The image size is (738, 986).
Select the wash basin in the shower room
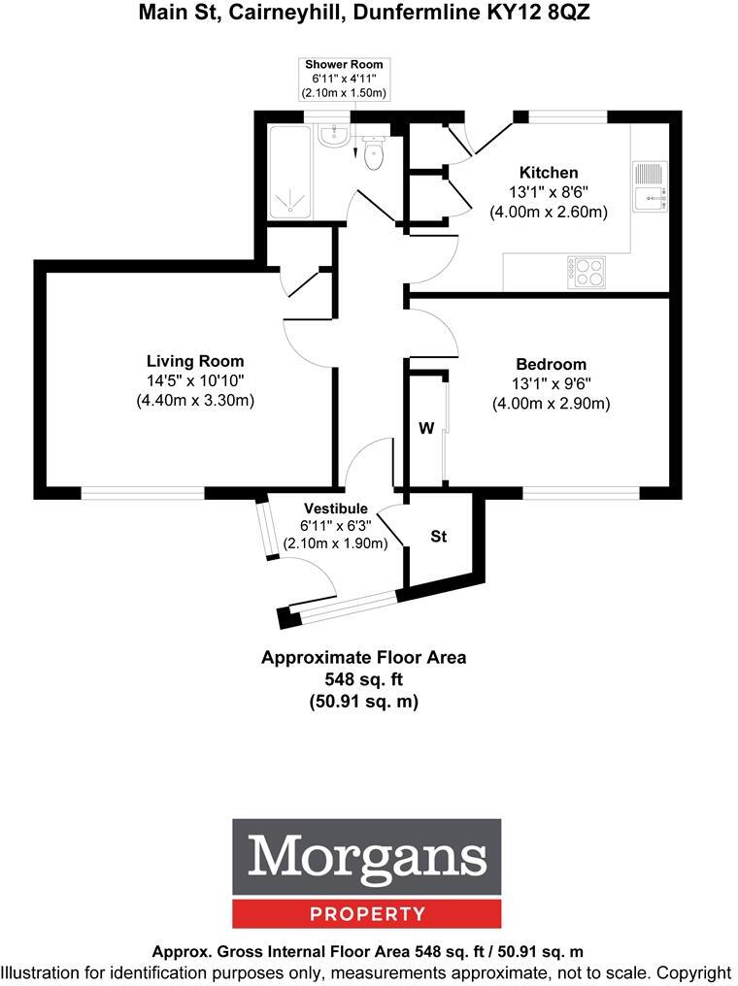(333, 136)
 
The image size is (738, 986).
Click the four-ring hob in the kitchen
(586, 272)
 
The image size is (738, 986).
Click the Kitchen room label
(548, 173)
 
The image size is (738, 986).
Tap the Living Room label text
(195, 361)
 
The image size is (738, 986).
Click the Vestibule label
(335, 509)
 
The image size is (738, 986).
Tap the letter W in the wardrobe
(425, 428)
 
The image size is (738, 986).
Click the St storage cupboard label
(438, 536)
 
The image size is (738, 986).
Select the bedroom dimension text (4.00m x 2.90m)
(551, 404)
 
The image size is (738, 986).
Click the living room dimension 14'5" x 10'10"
(195, 381)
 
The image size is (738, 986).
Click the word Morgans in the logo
(366, 858)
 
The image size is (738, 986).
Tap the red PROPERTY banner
(366, 913)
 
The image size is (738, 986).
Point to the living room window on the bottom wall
(143, 493)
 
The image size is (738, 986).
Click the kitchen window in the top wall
(568, 116)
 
